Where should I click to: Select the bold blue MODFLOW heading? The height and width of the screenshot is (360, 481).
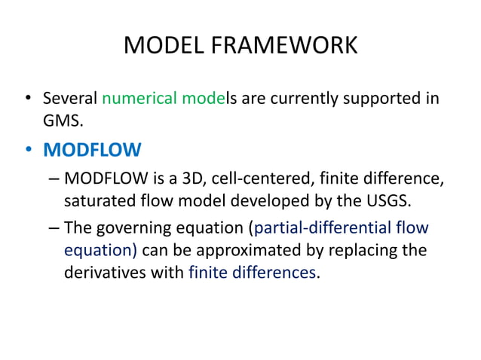(x=92, y=150)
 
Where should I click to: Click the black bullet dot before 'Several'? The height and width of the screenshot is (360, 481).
(x=28, y=98)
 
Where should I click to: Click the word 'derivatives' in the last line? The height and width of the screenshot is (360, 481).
(x=106, y=272)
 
